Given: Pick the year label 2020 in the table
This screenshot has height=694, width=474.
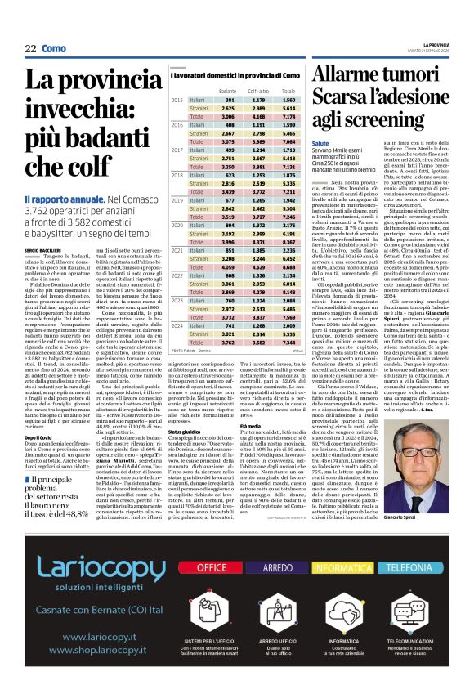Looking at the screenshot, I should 177,224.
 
